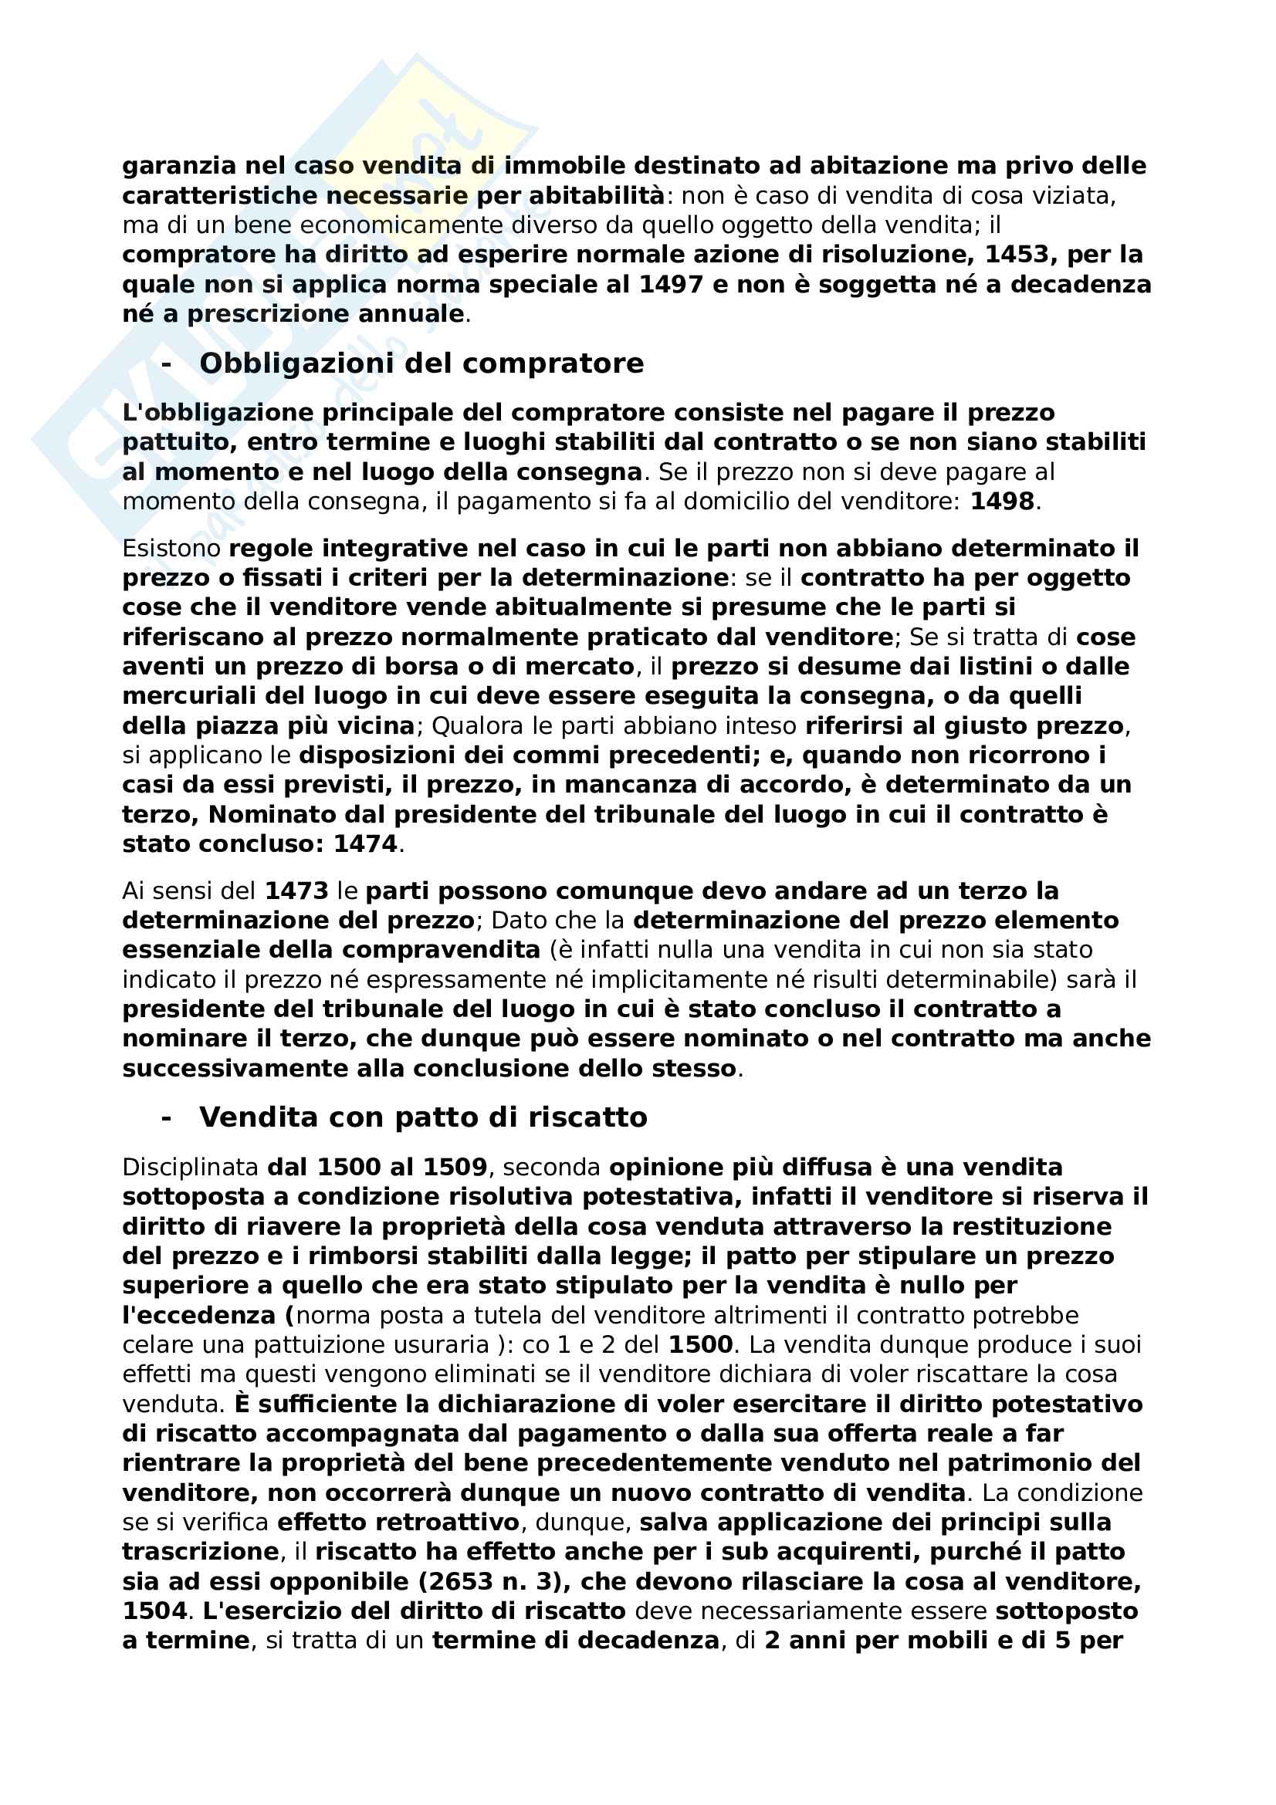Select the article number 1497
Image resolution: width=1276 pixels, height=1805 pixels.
pos(671,285)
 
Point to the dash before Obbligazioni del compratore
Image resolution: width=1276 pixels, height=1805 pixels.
pos(166,364)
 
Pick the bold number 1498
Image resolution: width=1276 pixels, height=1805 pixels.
pos(1002,502)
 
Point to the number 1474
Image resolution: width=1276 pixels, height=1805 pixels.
pos(366,844)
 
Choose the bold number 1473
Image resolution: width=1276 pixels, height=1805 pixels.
pos(296,891)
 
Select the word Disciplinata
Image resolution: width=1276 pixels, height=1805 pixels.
pos(190,1168)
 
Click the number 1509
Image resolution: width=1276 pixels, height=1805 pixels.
pos(455,1168)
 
